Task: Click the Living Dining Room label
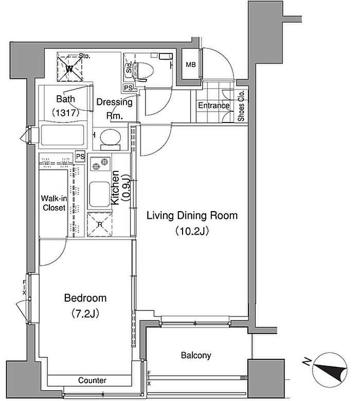pyautogui.click(x=192, y=216)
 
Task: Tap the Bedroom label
pyautogui.click(x=85, y=298)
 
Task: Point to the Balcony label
pyautogui.click(x=196, y=355)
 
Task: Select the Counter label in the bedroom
pyautogui.click(x=92, y=380)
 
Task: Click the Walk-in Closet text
pyautogui.click(x=54, y=203)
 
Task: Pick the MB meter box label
pyautogui.click(x=191, y=65)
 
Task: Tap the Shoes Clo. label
pyautogui.click(x=241, y=106)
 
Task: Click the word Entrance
pyautogui.click(x=213, y=106)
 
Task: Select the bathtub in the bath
pyautogui.click(x=62, y=135)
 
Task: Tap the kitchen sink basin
pyautogui.click(x=100, y=195)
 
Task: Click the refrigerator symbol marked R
pyautogui.click(x=100, y=224)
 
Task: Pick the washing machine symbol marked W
pyautogui.click(x=69, y=67)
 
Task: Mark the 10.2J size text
pyautogui.click(x=192, y=231)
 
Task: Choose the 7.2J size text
pyautogui.click(x=85, y=313)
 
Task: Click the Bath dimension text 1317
pyautogui.click(x=65, y=113)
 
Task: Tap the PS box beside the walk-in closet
pyautogui.click(x=80, y=156)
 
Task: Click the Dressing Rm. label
pyautogui.click(x=115, y=109)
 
